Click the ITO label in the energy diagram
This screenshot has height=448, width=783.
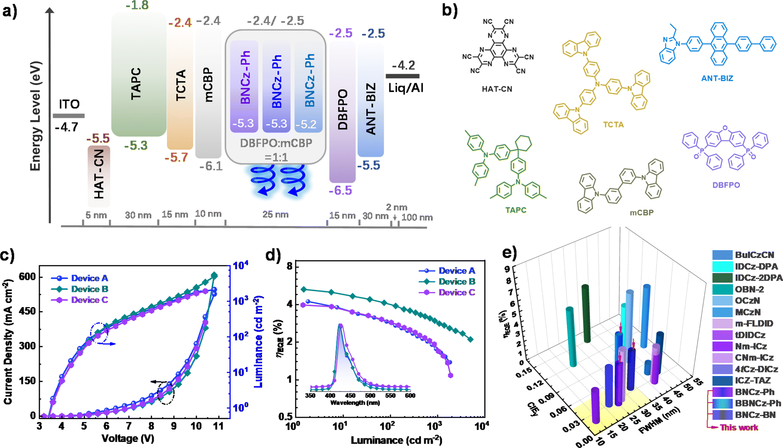click(x=69, y=104)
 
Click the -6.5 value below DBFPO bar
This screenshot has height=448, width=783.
click(x=340, y=191)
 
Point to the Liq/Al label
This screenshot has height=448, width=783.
click(x=405, y=88)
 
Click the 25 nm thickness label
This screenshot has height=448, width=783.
click(x=275, y=215)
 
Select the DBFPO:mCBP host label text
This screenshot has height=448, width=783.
click(x=276, y=143)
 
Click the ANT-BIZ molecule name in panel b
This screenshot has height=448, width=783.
click(x=717, y=78)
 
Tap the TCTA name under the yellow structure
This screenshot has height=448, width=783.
click(x=613, y=125)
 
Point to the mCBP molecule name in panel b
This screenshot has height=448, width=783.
click(x=641, y=213)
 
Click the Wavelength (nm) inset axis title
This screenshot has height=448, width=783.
click(x=355, y=403)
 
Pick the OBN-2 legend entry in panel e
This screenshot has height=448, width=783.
click(x=749, y=290)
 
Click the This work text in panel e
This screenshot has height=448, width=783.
click(x=739, y=428)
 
